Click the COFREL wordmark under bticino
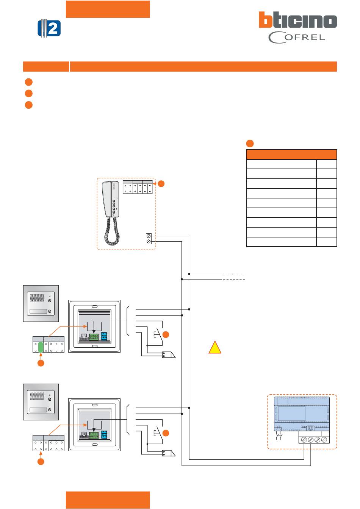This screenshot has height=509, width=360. click(x=297, y=37)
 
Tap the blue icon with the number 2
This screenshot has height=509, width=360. click(x=49, y=28)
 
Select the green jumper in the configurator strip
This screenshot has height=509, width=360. click(x=41, y=347)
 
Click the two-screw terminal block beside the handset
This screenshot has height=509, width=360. click(x=149, y=239)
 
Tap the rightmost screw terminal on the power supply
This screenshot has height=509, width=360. click(x=324, y=440)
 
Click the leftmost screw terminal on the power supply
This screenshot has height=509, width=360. click(x=304, y=440)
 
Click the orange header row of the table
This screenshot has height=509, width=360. click(x=291, y=155)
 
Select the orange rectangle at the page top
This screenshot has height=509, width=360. click(x=108, y=9)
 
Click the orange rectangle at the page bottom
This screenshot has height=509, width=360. click(x=108, y=500)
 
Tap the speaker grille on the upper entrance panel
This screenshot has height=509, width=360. click(x=37, y=298)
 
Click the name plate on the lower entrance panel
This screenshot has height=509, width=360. click(x=38, y=410)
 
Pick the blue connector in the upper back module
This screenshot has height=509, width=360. click(x=104, y=336)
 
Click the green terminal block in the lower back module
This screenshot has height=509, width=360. click(x=94, y=435)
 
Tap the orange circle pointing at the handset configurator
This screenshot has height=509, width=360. click(x=161, y=184)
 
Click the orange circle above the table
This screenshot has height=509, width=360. click(x=250, y=143)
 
